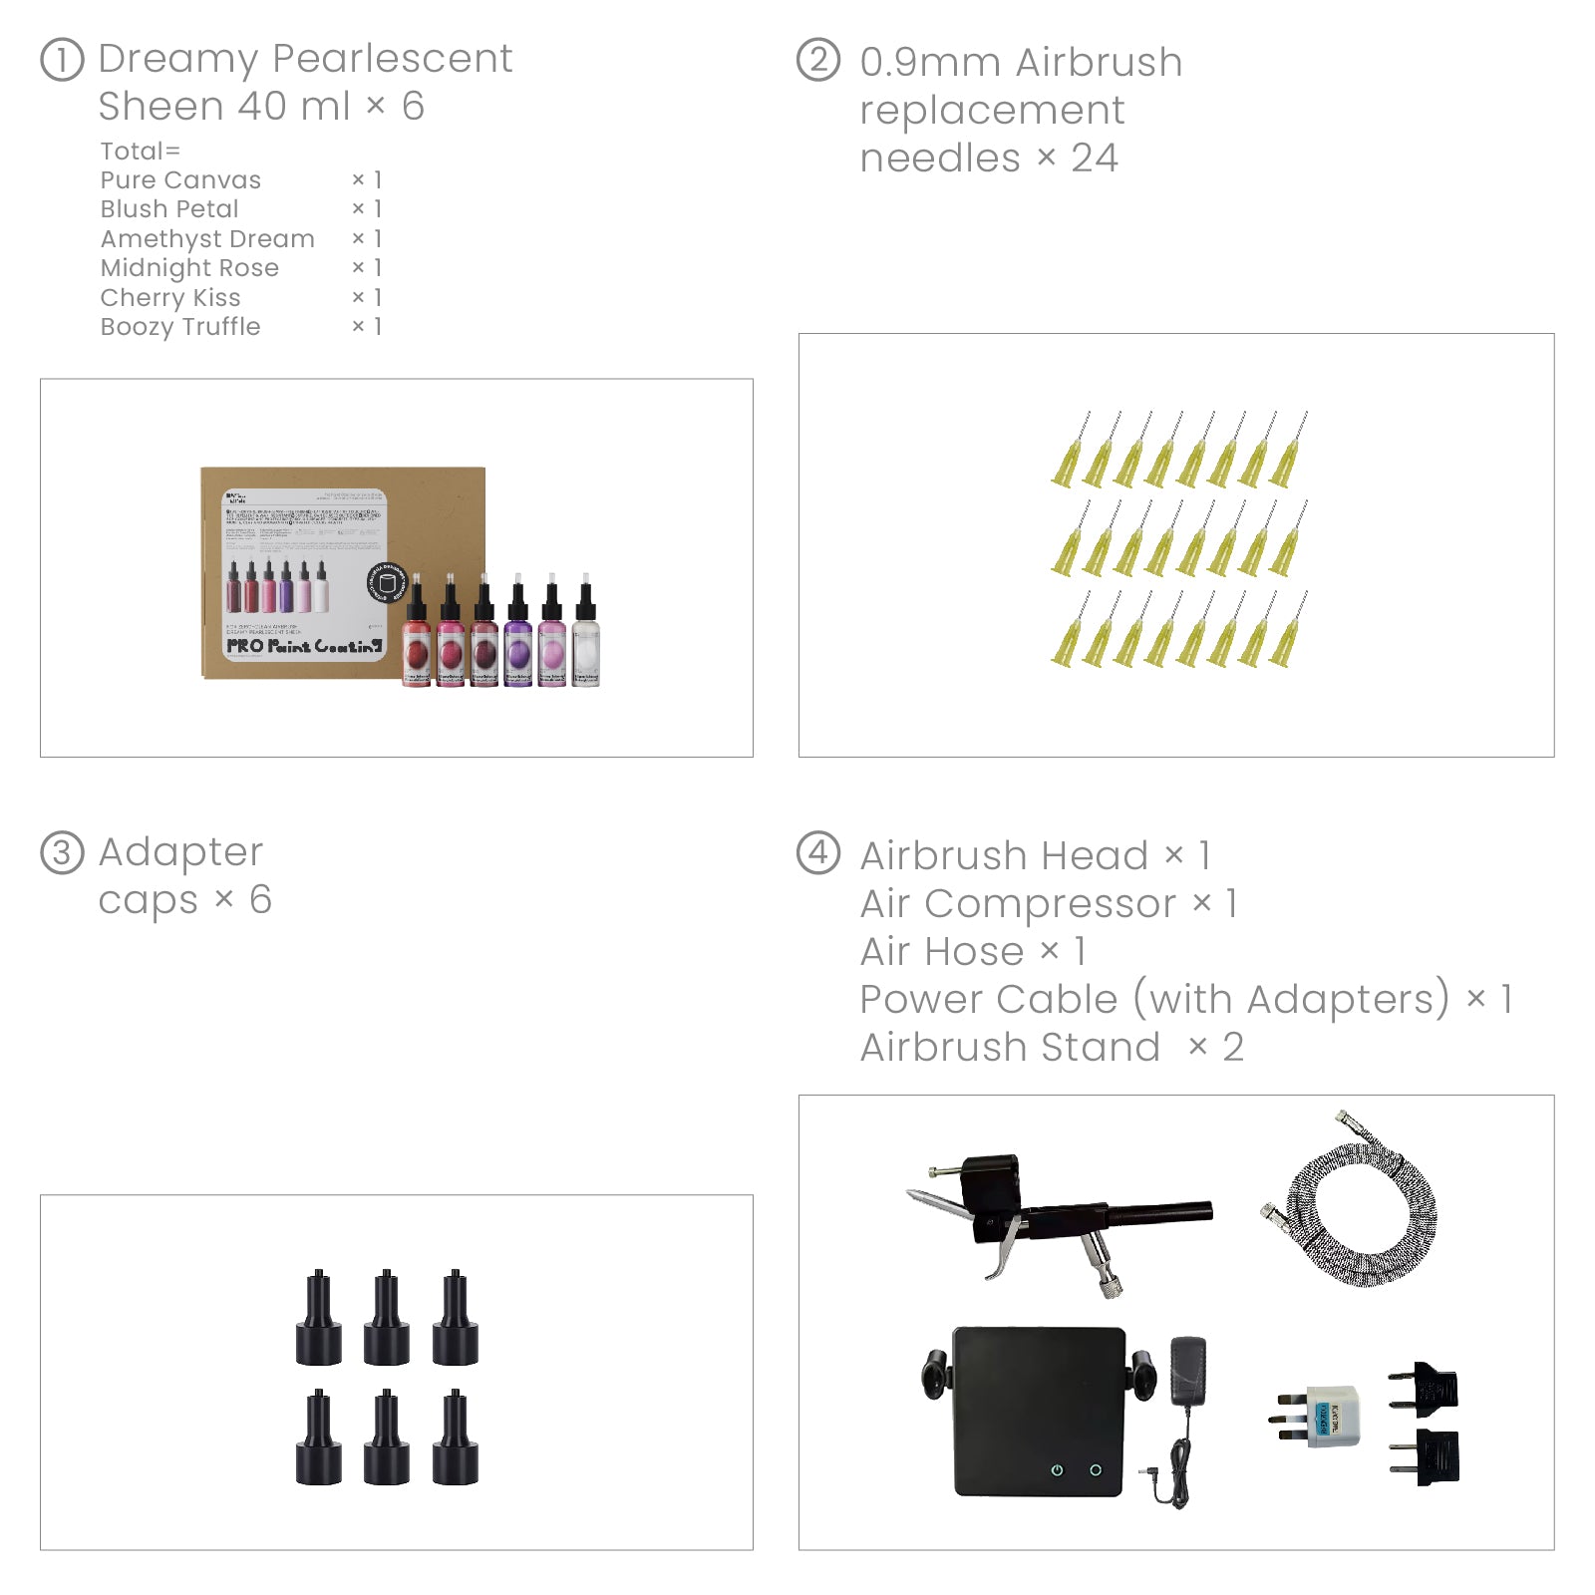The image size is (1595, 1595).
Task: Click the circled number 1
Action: coord(62,60)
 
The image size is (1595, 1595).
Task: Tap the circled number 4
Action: coord(818,853)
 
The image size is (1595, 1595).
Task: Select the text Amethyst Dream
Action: coord(207,239)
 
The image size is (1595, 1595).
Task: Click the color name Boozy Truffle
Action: coord(180,327)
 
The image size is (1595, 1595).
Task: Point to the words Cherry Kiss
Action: coord(170,298)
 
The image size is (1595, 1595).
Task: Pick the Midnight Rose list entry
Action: coord(189,268)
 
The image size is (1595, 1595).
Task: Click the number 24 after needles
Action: coord(1095,159)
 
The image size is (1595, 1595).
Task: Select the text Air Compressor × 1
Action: coord(1049,904)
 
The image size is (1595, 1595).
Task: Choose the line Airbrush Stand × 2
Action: coord(1052,1048)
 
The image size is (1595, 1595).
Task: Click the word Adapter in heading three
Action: coord(180,852)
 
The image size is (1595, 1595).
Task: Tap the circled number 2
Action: coord(818,60)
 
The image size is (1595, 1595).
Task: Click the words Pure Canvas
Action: coord(180,180)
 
